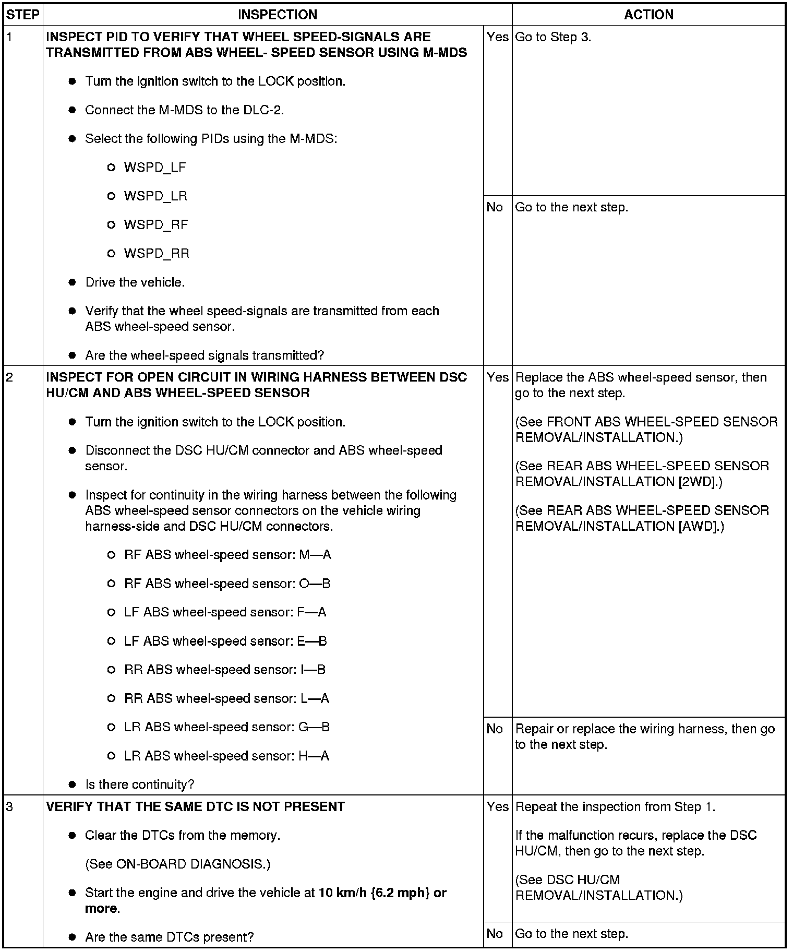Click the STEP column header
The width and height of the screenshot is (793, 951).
click(23, 15)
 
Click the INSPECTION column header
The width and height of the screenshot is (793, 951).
click(277, 15)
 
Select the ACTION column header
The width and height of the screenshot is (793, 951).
click(648, 15)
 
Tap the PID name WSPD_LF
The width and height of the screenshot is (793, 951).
click(155, 168)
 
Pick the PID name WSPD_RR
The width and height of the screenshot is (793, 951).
click(157, 254)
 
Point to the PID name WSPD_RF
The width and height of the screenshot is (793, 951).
click(156, 225)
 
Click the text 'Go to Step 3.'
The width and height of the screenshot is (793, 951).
click(553, 37)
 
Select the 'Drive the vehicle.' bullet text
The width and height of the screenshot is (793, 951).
click(135, 282)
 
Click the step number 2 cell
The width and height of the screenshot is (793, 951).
click(23, 377)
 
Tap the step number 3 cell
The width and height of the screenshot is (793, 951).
click(23, 806)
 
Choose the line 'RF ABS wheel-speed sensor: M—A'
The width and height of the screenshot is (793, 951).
click(227, 555)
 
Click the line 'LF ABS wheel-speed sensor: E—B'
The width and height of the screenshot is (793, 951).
click(225, 641)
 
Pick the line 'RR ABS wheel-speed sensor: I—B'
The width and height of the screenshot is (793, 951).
click(225, 670)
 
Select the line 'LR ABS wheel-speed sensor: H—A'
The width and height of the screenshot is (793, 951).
click(226, 756)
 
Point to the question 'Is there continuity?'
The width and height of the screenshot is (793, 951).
click(140, 784)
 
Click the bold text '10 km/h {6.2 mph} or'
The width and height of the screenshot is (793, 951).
click(382, 893)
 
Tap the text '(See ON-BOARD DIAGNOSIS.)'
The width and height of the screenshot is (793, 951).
click(177, 864)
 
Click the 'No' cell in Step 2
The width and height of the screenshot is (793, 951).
click(495, 729)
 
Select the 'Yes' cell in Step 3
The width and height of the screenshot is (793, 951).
click(497, 806)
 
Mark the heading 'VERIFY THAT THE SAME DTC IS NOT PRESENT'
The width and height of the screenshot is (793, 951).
click(195, 806)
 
